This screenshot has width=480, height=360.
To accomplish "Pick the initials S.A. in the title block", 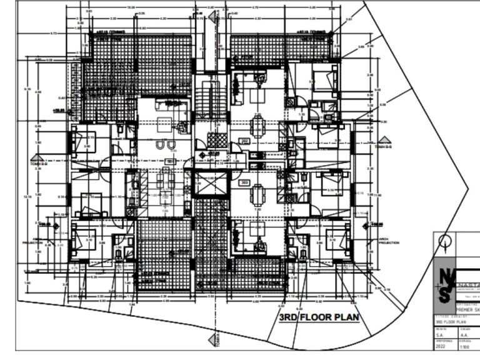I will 441,334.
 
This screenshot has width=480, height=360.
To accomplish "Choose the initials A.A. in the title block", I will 466,334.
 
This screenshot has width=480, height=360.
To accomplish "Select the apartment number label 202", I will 245,141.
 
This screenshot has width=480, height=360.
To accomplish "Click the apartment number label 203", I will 245,182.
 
